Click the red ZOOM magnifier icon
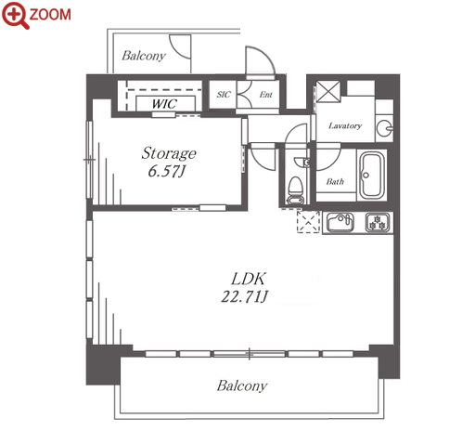pyautogui.click(x=15, y=15)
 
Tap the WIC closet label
pyautogui.click(x=164, y=104)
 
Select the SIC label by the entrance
pyautogui.click(x=224, y=94)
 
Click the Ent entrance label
pyautogui.click(x=266, y=94)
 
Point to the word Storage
pyautogui.click(x=169, y=153)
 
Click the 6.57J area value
pyautogui.click(x=166, y=171)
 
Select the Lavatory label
pyautogui.click(x=345, y=125)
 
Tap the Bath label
pyautogui.click(x=335, y=181)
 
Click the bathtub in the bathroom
pyautogui.click(x=372, y=175)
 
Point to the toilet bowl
pyautogui.click(x=296, y=190)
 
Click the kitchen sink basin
pyautogui.click(x=340, y=222)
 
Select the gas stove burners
pyautogui.click(x=378, y=222)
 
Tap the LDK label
pyautogui.click(x=249, y=279)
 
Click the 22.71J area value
pyautogui.click(x=244, y=296)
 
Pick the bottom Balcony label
pyautogui.click(x=242, y=385)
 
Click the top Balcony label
pyautogui.click(x=144, y=56)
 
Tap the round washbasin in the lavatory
pyautogui.click(x=384, y=127)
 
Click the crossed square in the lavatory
pyautogui.click(x=328, y=92)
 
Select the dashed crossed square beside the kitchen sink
pyautogui.click(x=308, y=222)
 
